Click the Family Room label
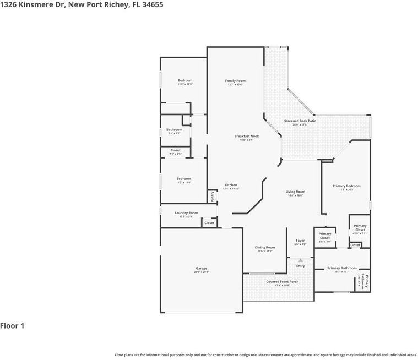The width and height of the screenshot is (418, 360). [x=235, y=81]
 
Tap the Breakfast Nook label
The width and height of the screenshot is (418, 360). [x=246, y=136]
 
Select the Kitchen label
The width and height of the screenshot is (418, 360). [x=231, y=185]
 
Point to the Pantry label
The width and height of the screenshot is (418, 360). [x=213, y=197]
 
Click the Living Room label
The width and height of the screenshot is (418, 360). [x=295, y=192]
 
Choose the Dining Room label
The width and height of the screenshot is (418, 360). [x=265, y=247]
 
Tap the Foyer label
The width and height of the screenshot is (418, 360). [x=300, y=241]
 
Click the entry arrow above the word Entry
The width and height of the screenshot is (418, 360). [x=300, y=260]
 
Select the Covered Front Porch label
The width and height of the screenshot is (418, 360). [x=282, y=281]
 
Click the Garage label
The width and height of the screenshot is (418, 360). [x=201, y=269]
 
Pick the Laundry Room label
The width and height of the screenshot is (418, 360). [x=186, y=212]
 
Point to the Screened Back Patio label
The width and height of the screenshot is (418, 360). [x=300, y=121]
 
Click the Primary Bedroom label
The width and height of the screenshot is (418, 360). [x=346, y=186]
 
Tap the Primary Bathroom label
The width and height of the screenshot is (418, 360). [x=341, y=268]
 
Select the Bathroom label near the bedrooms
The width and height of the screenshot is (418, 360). [x=174, y=130]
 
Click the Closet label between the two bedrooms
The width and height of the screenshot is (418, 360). [x=175, y=150]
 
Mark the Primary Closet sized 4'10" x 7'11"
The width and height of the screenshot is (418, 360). [x=360, y=227]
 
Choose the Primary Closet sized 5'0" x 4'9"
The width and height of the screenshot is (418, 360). [x=324, y=236]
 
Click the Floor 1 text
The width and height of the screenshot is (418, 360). [x=12, y=326]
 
